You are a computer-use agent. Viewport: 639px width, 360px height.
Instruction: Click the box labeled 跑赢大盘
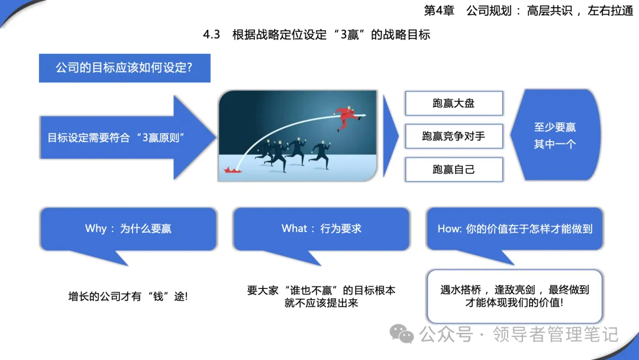(x=454, y=103)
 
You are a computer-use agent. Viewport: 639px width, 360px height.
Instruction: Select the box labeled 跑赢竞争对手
(x=454, y=136)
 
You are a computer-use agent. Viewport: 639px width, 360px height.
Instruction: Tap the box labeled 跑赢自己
(x=454, y=169)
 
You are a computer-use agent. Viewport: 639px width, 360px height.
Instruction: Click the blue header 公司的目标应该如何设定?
(x=125, y=68)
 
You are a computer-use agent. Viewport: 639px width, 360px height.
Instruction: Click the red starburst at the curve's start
(x=233, y=169)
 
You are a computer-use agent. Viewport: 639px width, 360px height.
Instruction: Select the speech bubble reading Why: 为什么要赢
(x=128, y=229)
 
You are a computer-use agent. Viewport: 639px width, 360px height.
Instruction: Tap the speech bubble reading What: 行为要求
(x=321, y=229)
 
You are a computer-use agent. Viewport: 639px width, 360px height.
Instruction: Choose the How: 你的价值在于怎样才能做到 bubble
(x=514, y=229)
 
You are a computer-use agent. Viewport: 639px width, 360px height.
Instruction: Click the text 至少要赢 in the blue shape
(x=555, y=127)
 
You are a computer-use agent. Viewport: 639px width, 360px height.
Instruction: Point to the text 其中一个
(x=555, y=144)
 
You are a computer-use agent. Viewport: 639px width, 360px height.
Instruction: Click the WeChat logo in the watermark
(x=401, y=334)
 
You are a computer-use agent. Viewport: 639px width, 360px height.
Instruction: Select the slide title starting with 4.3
(x=317, y=35)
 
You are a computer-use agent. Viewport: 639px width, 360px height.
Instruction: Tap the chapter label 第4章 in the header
(x=439, y=11)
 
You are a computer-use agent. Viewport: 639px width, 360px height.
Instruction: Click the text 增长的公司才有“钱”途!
(x=128, y=297)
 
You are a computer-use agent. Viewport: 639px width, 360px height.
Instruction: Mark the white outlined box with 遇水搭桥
(x=514, y=297)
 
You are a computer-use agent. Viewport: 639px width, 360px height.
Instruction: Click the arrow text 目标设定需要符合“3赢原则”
(x=116, y=138)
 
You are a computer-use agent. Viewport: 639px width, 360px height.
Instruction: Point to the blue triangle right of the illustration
(x=390, y=136)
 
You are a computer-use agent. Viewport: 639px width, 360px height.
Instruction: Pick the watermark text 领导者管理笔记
(x=556, y=335)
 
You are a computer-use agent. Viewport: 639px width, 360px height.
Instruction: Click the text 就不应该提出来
(x=321, y=303)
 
